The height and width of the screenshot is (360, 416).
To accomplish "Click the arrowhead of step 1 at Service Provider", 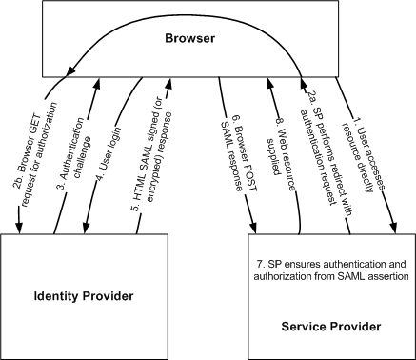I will pos(392,228).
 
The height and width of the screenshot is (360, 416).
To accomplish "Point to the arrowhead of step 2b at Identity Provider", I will pos(19,228).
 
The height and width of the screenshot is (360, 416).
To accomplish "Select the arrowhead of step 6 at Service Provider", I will pos(254,228).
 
